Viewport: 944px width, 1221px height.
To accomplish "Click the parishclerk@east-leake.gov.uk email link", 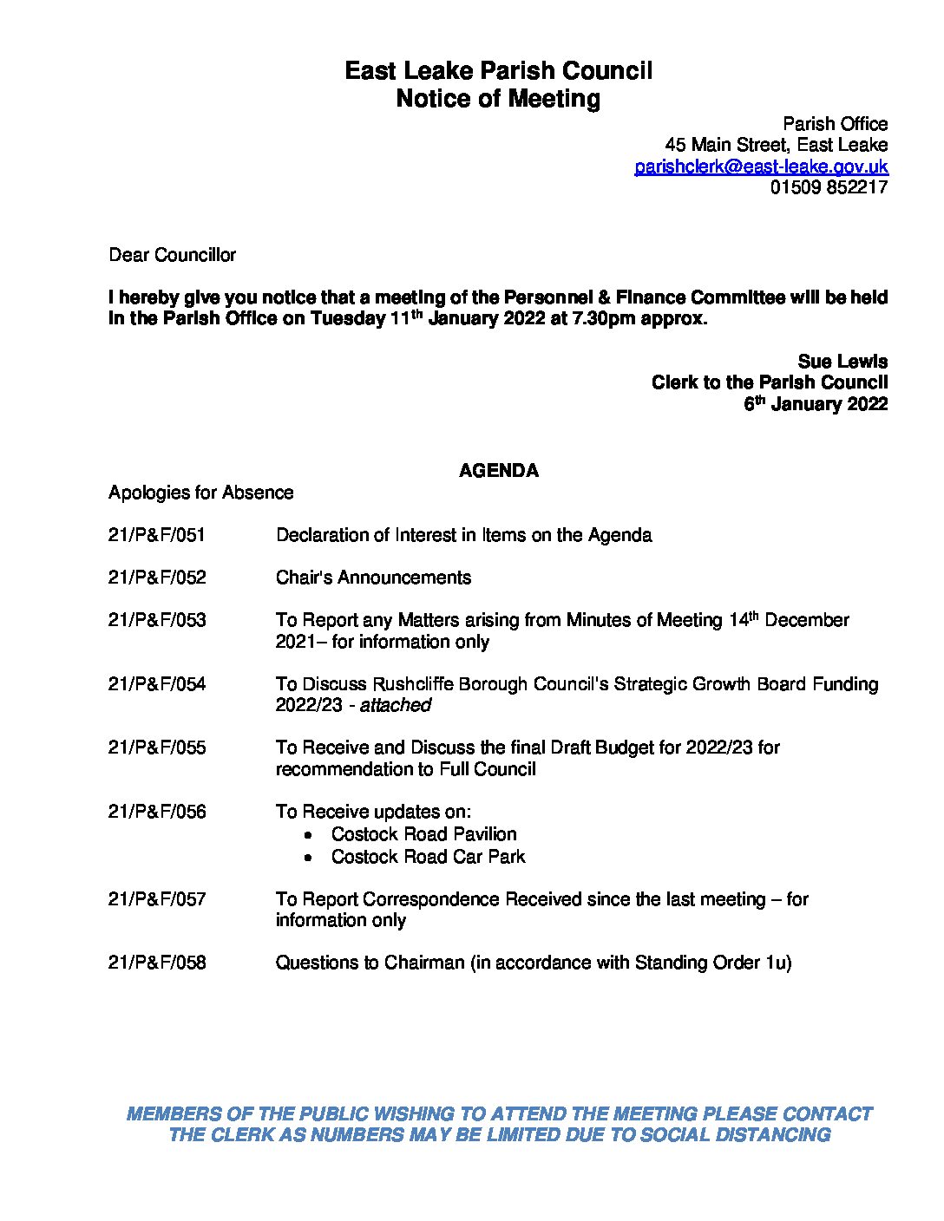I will [761, 166].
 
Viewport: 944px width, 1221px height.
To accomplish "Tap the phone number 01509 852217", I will [829, 186].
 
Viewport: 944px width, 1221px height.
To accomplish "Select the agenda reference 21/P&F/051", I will [157, 535].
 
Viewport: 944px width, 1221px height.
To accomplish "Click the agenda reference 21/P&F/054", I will [157, 684].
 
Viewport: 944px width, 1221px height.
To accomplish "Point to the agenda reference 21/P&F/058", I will [157, 963].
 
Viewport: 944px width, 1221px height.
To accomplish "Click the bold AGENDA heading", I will [498, 471].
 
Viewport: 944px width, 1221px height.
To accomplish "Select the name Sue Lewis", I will [842, 362].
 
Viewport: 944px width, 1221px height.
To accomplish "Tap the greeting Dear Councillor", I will [172, 255].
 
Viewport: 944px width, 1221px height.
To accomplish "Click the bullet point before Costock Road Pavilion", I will [310, 835].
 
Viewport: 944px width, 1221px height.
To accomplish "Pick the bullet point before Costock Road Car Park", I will [310, 858].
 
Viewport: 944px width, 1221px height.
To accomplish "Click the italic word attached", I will [396, 705].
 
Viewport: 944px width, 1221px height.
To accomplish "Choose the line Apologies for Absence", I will [200, 493].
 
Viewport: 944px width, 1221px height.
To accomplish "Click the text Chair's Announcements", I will [373, 578].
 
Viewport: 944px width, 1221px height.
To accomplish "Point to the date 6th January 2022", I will [816, 404].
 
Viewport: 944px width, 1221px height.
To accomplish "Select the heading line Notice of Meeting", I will [498, 99].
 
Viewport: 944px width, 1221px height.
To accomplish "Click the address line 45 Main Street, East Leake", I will [776, 145].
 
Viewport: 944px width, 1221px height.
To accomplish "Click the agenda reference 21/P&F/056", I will [157, 812].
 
